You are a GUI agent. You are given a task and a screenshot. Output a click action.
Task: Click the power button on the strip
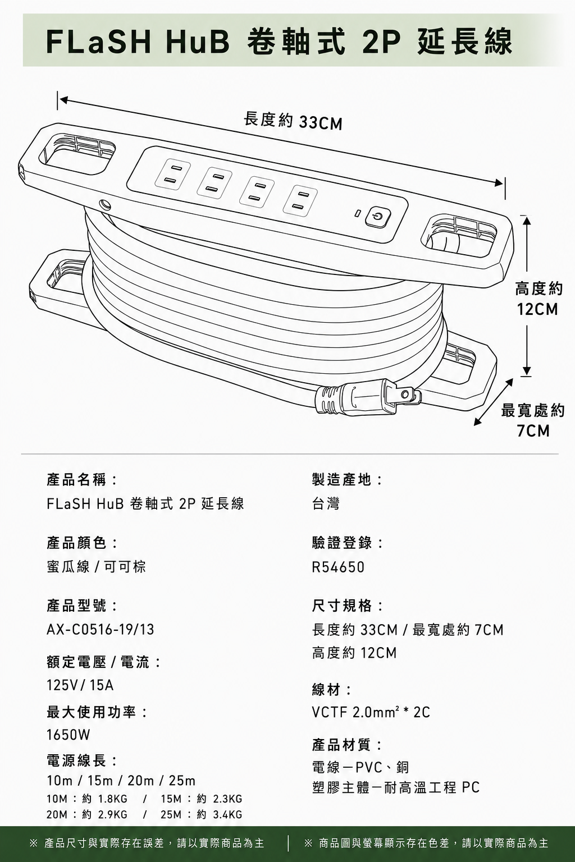point(378,217)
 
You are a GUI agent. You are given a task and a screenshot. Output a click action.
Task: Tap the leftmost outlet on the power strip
point(173,174)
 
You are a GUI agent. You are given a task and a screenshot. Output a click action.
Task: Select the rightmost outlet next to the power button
point(300,201)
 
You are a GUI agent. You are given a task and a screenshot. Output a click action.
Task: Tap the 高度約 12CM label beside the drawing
point(539,299)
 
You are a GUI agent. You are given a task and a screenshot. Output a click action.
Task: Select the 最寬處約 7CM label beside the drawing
point(533,420)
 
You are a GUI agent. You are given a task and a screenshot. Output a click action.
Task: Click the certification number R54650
point(338,567)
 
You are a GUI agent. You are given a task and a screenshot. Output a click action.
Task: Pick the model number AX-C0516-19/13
point(100,630)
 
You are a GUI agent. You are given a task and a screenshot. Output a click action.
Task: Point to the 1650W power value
point(68,735)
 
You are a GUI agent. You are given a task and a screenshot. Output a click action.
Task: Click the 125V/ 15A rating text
point(80,685)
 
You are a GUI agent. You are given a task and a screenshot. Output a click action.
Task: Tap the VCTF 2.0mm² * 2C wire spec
point(371,712)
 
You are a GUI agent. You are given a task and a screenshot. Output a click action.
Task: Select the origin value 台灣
point(326,503)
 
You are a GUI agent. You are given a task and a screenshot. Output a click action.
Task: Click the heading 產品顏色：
point(82,543)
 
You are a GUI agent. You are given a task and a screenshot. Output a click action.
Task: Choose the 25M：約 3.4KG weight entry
point(202,814)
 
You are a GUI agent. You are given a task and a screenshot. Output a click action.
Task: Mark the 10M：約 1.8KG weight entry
point(86,799)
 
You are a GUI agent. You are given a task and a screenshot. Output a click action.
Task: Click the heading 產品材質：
point(347,745)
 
